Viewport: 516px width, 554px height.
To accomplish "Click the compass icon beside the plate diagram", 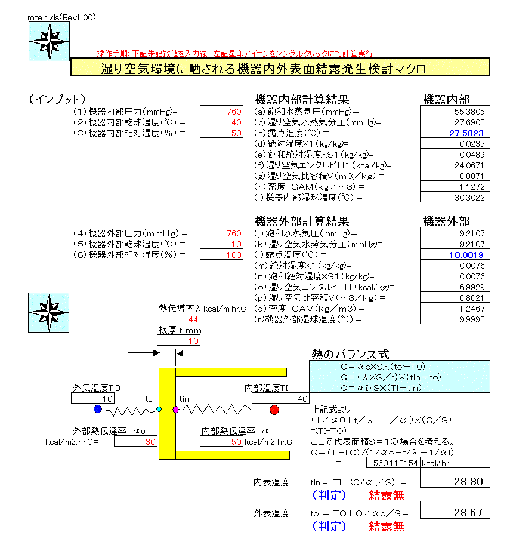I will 45,313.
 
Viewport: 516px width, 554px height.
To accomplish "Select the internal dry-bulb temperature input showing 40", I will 222,122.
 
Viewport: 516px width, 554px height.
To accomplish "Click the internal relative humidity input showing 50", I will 222,133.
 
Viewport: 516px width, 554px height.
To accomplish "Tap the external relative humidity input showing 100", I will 222,254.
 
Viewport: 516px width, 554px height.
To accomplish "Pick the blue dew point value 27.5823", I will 455,133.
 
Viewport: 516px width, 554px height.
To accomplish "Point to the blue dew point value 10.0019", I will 455,254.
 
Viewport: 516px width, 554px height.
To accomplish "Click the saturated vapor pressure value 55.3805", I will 455,112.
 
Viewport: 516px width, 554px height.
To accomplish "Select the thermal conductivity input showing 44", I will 178,319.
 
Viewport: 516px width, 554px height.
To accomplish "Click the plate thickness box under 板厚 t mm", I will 178,340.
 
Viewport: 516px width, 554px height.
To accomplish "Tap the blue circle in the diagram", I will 98,410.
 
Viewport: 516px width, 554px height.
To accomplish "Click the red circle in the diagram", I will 274,410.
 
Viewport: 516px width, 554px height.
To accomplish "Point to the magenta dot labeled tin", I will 175,410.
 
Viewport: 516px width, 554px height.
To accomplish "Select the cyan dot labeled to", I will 159,410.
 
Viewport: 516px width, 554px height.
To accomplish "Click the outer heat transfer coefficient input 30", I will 135,442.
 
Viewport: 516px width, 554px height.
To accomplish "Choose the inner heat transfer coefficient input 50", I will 222,442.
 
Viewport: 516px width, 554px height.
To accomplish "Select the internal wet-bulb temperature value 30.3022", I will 455,198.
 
